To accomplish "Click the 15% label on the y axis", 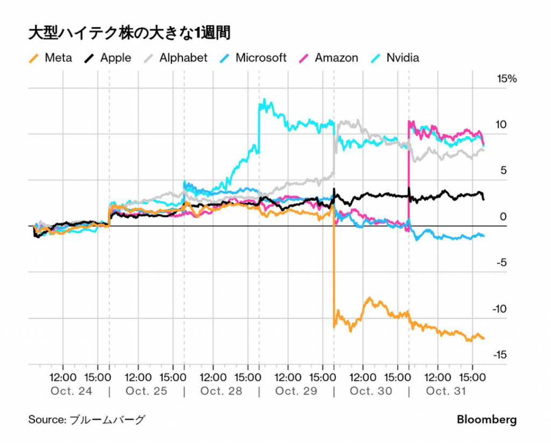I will [x=506, y=79].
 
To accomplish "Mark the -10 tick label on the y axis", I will [x=500, y=309].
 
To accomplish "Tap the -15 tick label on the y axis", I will [x=500, y=355].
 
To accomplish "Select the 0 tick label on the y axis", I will [x=503, y=217].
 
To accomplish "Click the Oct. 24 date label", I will [x=72, y=391].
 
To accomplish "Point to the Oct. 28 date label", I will [x=221, y=391].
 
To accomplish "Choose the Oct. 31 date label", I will [x=446, y=391].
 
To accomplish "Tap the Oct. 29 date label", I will [x=296, y=391].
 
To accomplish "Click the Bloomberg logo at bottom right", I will [x=487, y=420].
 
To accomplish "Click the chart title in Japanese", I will [x=129, y=33].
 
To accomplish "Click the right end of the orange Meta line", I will [x=484, y=338].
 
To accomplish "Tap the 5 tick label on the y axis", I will [x=503, y=171].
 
